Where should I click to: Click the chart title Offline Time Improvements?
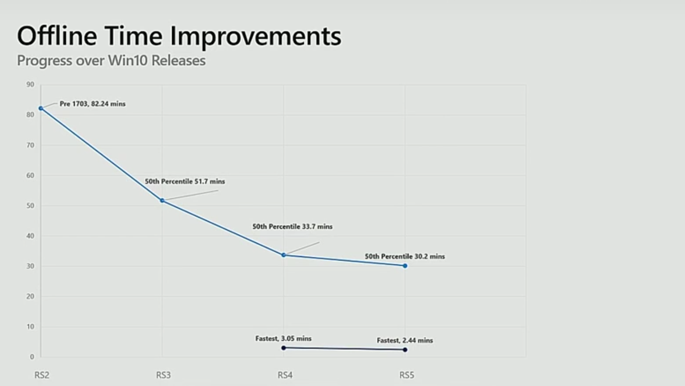179,37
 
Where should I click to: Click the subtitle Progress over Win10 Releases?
111,61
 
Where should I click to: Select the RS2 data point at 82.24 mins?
41,108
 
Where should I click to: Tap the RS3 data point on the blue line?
162,200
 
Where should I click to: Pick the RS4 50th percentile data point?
284,255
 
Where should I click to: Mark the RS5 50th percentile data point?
405,266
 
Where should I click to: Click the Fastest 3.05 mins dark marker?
284,348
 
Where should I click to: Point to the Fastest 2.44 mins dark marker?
405,350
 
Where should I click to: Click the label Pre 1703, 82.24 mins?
92,104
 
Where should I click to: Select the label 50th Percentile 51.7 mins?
185,182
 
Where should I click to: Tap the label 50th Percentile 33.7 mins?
292,227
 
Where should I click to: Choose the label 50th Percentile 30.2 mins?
405,257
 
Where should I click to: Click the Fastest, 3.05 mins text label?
284,339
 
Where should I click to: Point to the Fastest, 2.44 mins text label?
405,341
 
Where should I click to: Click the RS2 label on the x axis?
42,375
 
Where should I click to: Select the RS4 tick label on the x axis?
285,375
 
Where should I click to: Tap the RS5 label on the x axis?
407,375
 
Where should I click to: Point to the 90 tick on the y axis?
30,85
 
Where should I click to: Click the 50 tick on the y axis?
30,206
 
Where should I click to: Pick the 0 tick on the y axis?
32,357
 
